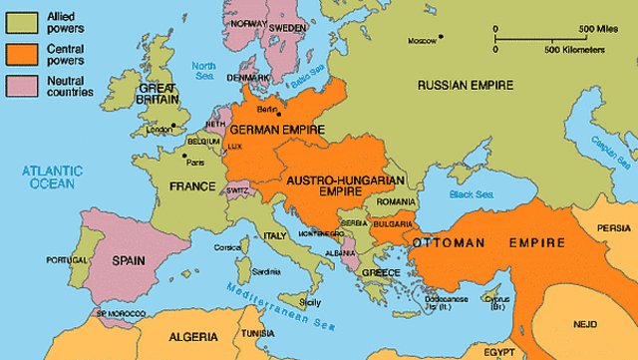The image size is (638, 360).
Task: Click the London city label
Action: coord(159,130)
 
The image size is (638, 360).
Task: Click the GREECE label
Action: coord(380,273)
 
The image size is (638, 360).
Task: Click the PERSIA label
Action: coord(613,228)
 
